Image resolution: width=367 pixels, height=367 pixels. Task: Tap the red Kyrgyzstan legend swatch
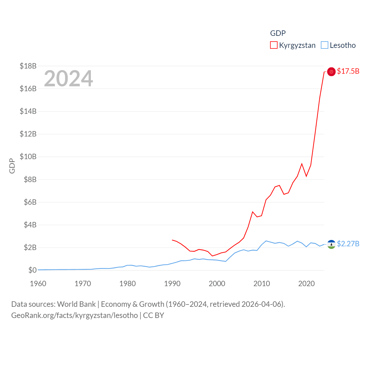click(x=274, y=45)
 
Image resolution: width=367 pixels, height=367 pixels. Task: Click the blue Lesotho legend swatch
click(x=325, y=45)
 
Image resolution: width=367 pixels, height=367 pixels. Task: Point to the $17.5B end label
click(x=348, y=71)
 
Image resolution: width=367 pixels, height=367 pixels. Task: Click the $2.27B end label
click(x=348, y=244)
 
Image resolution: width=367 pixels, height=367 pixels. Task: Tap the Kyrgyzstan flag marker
click(x=331, y=72)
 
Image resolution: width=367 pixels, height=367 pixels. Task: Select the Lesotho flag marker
click(x=331, y=244)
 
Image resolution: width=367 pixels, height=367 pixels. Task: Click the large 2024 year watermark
click(x=68, y=79)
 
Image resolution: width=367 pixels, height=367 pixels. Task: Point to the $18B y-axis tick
click(x=28, y=66)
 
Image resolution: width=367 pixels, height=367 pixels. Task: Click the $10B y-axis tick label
click(x=28, y=157)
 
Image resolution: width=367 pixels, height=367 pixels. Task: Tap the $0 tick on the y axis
click(x=32, y=270)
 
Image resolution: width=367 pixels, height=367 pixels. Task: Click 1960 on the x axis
click(x=38, y=284)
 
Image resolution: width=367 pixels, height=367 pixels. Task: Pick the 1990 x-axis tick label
click(x=172, y=284)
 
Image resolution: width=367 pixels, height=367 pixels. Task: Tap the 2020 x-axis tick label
click(x=307, y=284)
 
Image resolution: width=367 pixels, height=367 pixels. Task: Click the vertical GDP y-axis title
click(x=12, y=166)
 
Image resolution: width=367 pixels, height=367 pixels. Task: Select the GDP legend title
click(x=278, y=33)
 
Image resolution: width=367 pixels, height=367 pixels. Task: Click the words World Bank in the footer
click(x=76, y=304)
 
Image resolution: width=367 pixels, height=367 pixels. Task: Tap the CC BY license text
click(x=153, y=315)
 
